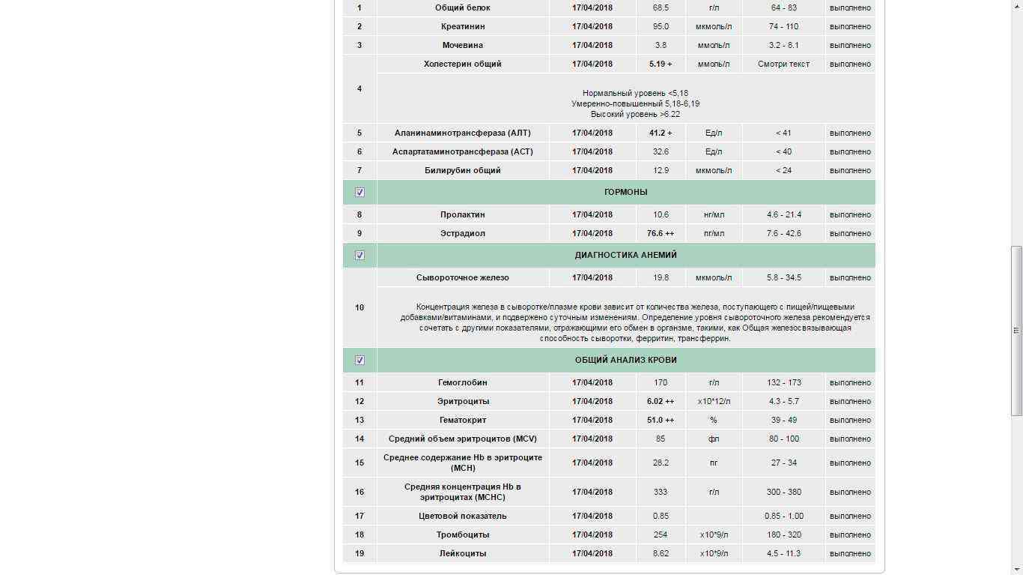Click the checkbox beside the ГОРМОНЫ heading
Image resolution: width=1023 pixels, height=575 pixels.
tap(359, 192)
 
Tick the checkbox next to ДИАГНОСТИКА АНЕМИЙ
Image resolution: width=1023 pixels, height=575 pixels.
tap(359, 255)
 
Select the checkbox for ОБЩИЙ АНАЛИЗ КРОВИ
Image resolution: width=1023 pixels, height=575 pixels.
tap(359, 360)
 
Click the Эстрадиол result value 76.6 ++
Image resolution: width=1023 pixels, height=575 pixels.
tap(661, 233)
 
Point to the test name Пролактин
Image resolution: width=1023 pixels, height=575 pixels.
tap(463, 214)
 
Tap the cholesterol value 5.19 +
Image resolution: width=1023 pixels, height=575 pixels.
tap(661, 64)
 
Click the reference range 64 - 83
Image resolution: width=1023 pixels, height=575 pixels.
tap(783, 7)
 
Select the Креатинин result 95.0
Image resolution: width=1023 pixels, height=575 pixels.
tap(661, 26)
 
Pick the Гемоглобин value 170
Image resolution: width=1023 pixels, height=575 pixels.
tap(661, 382)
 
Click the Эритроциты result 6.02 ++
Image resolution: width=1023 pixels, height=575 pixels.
tap(661, 401)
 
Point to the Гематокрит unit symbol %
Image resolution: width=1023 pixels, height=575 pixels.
tap(714, 420)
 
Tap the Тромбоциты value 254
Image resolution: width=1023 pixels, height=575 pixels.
tap(661, 535)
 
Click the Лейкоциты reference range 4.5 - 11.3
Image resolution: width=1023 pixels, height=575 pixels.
tap(783, 553)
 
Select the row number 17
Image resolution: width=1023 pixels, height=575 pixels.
tap(359, 516)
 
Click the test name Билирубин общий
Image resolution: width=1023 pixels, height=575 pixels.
tap(463, 170)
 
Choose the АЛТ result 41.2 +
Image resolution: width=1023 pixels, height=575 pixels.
tap(661, 133)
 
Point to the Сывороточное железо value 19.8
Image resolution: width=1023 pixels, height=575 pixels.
tap(661, 277)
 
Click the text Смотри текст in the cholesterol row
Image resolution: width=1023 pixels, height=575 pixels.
tap(783, 64)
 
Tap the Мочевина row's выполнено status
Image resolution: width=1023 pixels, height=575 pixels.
tap(850, 45)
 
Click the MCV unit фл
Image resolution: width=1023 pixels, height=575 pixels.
tap(714, 439)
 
